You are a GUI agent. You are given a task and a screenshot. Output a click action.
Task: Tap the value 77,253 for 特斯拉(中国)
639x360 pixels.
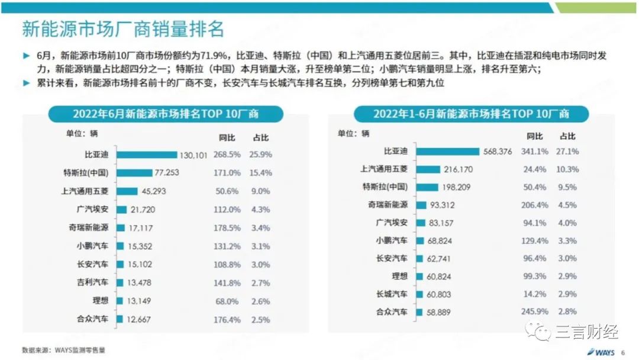pos(167,173)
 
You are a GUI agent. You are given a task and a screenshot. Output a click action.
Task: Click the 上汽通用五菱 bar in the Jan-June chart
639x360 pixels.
pos(428,169)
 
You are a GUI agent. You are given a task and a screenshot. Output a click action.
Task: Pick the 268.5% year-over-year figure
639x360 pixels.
pos(227,155)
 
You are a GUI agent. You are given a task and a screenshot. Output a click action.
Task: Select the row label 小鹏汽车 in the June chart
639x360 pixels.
pos(93,246)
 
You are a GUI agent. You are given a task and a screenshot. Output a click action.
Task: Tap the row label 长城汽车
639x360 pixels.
pos(392,294)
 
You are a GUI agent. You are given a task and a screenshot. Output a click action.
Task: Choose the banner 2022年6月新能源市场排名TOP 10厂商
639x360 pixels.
pos(166,114)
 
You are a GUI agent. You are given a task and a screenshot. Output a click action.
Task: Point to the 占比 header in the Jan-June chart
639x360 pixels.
pos(567,136)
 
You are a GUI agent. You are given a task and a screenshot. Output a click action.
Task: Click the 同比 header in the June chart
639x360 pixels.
pos(227,137)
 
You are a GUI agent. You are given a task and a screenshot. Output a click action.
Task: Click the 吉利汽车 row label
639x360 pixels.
pos(93,282)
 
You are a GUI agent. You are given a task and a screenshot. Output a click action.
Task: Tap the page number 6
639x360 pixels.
pos(622,352)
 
